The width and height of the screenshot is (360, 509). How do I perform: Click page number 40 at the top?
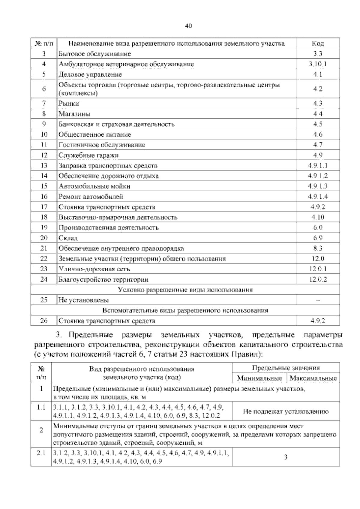[188, 26]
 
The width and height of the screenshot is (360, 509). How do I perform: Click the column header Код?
[318, 44]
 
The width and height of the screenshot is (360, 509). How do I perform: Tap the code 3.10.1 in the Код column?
[318, 64]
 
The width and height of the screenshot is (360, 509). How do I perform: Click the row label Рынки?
[69, 104]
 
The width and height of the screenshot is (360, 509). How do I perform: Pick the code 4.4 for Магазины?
[318, 114]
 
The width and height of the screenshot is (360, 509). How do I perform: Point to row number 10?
[44, 135]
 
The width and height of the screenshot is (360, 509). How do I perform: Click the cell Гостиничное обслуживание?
[102, 145]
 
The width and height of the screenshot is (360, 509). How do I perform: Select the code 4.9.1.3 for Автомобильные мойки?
[318, 186]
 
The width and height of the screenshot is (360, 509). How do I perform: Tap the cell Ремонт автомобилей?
[91, 197]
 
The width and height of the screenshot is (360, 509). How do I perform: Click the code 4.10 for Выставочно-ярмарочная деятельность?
[318, 217]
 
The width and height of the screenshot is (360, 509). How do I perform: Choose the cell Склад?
[68, 238]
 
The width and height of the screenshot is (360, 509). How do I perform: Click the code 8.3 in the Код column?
[318, 248]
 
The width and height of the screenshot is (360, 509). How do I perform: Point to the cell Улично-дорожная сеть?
[94, 269]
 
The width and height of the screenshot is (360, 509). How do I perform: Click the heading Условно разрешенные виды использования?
[185, 290]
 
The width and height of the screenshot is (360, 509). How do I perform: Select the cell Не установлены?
[84, 300]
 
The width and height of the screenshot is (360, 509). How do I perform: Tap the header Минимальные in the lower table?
[259, 378]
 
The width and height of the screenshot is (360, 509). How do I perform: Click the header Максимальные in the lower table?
[313, 378]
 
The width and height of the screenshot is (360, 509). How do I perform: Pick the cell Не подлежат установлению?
[286, 411]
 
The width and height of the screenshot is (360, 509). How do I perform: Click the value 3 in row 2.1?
[286, 457]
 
